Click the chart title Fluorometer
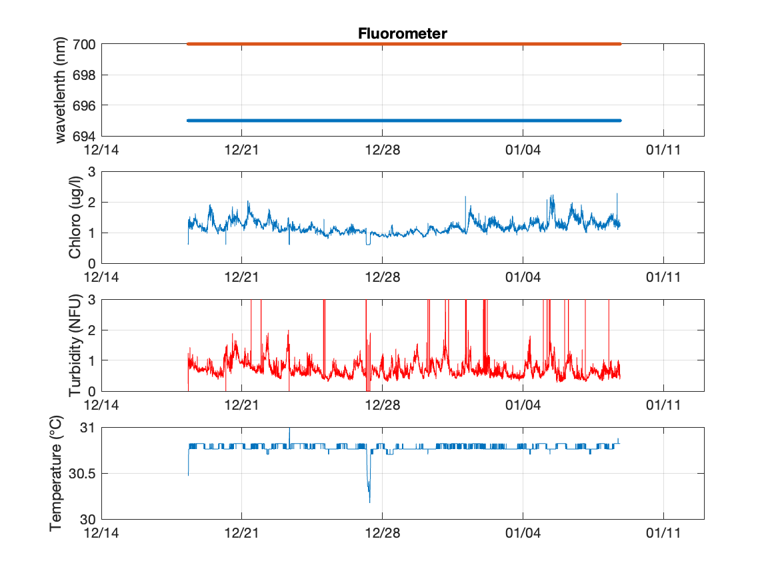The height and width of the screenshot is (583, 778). pos(402,33)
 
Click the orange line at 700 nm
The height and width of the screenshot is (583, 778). pos(404,44)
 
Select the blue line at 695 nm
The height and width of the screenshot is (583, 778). pos(404,121)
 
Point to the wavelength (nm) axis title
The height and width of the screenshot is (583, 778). pos(61,90)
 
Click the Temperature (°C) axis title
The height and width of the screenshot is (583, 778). pos(56,473)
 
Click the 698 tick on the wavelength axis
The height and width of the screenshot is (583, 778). pos(84,75)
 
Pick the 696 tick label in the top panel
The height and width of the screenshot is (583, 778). pos(84,105)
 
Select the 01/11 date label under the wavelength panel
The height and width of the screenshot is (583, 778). pos(663,149)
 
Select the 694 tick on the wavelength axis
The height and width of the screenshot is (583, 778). pos(84,136)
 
